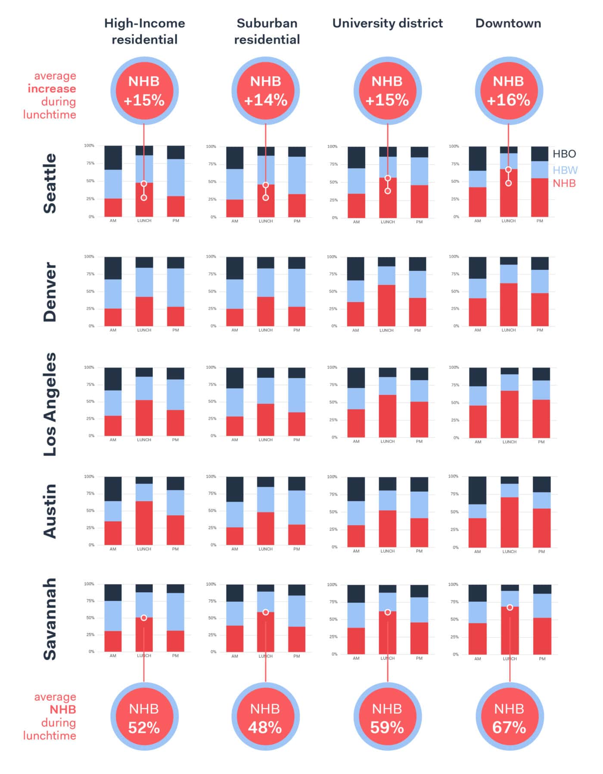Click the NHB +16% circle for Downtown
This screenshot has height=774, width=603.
point(508,91)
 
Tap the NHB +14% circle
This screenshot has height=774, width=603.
point(266,91)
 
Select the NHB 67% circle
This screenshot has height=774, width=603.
point(509,718)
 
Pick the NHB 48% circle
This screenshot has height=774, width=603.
point(265,718)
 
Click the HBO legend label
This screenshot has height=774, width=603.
point(564,154)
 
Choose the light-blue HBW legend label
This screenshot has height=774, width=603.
point(565,170)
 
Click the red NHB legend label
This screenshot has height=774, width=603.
point(564,183)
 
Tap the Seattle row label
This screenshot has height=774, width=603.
point(50,183)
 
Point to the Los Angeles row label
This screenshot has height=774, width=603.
point(50,404)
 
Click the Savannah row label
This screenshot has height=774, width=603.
point(50,619)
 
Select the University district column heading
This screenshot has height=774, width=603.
point(387,23)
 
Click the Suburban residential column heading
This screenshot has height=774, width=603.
point(267,31)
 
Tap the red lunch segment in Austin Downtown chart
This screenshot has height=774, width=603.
point(510,522)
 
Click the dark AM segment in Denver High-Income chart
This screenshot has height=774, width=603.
point(113,268)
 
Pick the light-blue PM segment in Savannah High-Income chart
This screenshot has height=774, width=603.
point(175,612)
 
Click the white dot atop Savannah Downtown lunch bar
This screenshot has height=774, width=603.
point(510,607)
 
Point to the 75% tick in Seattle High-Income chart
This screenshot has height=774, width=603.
point(90,163)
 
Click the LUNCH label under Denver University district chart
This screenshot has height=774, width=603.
point(386,331)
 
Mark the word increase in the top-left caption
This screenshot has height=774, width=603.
point(52,89)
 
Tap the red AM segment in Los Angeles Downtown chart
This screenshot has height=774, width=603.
point(478,421)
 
